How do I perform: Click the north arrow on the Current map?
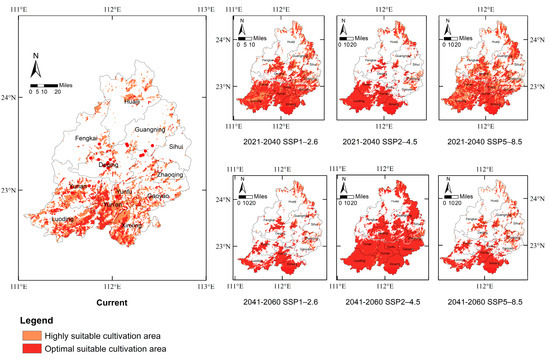(36, 68)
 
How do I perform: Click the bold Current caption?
(111, 299)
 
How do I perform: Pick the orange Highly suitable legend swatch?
(22, 335)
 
